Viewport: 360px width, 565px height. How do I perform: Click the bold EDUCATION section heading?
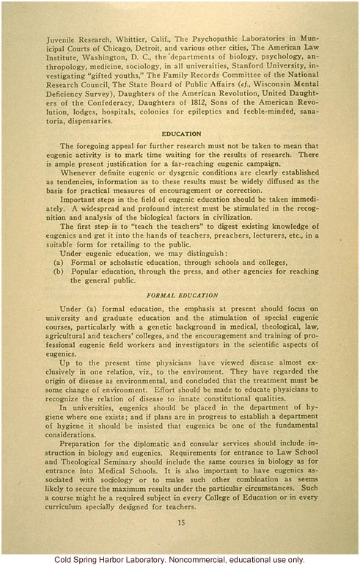pyautogui.click(x=181, y=134)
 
